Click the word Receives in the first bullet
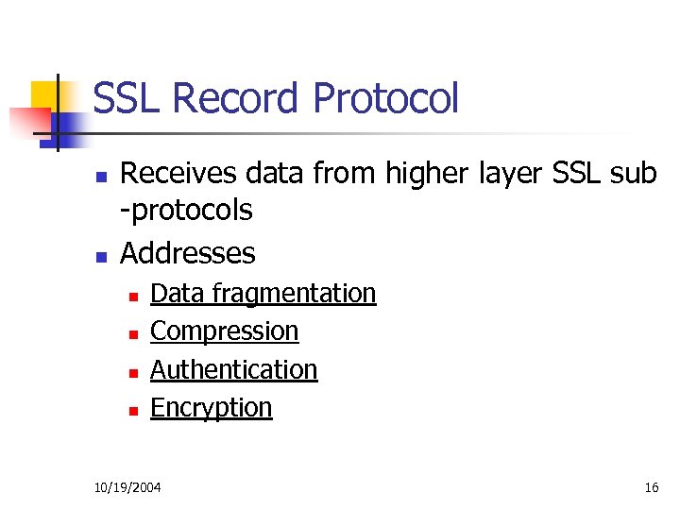point(178,173)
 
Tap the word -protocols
point(187,210)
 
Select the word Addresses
point(188,253)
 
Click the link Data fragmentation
point(263,294)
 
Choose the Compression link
point(224,331)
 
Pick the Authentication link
point(233,369)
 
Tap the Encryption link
point(211,407)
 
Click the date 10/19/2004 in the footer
point(127,487)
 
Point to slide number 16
point(651,487)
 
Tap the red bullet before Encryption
point(133,410)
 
